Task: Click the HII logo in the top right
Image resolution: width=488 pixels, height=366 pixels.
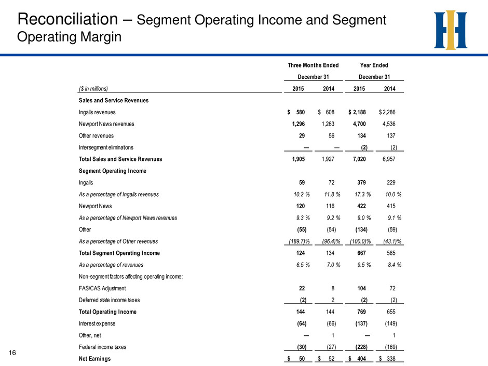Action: pos(450,30)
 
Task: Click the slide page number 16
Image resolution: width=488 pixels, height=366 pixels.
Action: pos(12,353)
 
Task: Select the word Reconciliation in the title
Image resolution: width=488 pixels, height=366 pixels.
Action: pos(67,19)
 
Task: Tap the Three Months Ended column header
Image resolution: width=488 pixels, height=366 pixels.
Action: pos(313,65)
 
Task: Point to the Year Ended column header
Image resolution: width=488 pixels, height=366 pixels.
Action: pos(374,65)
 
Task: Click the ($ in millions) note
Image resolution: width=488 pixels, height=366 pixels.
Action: pos(93,89)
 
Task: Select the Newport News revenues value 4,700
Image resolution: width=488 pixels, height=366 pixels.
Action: pos(359,124)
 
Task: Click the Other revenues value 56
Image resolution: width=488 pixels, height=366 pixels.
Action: pos(331,135)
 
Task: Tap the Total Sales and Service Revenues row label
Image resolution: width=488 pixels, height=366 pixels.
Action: pos(120,159)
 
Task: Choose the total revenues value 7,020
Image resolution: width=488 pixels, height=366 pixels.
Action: pos(359,159)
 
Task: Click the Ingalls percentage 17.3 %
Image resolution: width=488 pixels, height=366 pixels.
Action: pos(363,194)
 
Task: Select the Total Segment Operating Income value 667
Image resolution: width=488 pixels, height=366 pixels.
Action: pos(362,253)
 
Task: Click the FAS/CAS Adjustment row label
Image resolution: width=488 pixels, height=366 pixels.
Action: pos(102,289)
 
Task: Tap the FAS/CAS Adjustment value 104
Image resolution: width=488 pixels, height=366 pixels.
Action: pos(362,288)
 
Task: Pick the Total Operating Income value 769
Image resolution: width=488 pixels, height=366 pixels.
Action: pos(362,312)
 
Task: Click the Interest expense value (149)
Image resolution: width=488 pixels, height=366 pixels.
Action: pos(391,323)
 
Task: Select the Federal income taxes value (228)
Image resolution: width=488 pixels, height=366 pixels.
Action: pos(361,347)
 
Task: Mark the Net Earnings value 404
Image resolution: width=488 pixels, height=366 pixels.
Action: pos(362,359)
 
